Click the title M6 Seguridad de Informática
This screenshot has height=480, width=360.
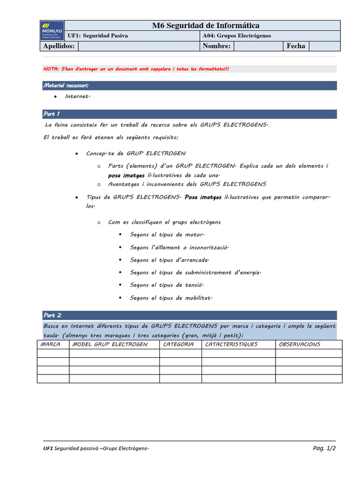click(x=205, y=25)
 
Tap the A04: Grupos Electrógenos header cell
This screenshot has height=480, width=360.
click(x=237, y=36)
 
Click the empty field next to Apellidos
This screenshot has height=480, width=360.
click(x=139, y=46)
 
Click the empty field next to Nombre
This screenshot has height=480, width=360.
click(x=258, y=46)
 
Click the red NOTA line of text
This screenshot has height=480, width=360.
click(x=136, y=69)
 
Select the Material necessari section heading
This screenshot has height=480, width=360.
click(x=66, y=85)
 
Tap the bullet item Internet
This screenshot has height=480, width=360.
click(x=77, y=96)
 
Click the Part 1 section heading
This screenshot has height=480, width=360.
click(x=52, y=114)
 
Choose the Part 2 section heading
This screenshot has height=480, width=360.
click(x=52, y=315)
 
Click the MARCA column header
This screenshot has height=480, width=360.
click(x=51, y=345)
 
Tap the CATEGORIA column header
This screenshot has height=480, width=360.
click(x=178, y=345)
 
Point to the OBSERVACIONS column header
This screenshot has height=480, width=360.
click(x=300, y=345)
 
